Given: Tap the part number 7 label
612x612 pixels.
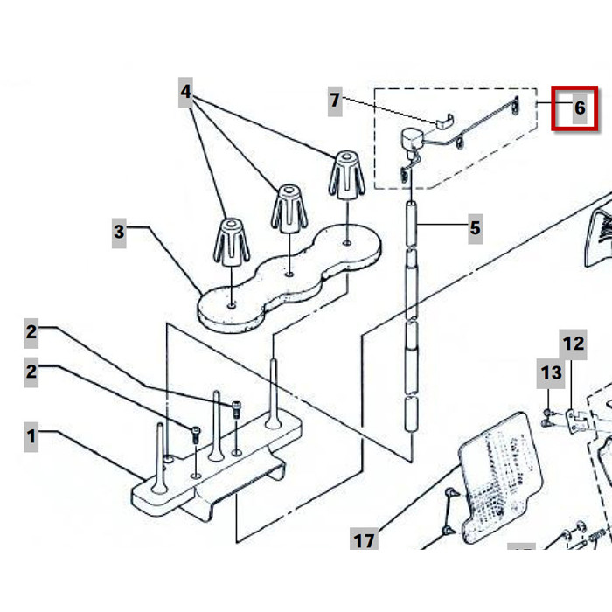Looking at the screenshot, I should pyautogui.click(x=335, y=100).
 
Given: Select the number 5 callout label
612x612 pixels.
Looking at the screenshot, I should pyautogui.click(x=475, y=229).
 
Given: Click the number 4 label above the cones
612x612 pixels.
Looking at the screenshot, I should pyautogui.click(x=186, y=90).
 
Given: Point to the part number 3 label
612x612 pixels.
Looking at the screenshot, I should pyautogui.click(x=120, y=232).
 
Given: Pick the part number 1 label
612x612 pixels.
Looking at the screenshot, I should pyautogui.click(x=31, y=435).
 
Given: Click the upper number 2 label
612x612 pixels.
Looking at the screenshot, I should pyautogui.click(x=31, y=331).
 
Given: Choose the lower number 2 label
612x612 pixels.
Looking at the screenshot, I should pyautogui.click(x=31, y=371).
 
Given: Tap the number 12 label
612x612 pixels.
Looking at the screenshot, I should pyautogui.click(x=573, y=344).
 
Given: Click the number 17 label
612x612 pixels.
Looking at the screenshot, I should pyautogui.click(x=364, y=540).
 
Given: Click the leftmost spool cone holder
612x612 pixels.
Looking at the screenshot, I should pyautogui.click(x=232, y=240).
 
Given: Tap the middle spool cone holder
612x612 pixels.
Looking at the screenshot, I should pyautogui.click(x=288, y=209).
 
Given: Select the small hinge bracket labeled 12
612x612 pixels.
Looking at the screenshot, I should pyautogui.click(x=574, y=419).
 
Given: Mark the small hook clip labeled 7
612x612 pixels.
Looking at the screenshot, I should pyautogui.click(x=445, y=121).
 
